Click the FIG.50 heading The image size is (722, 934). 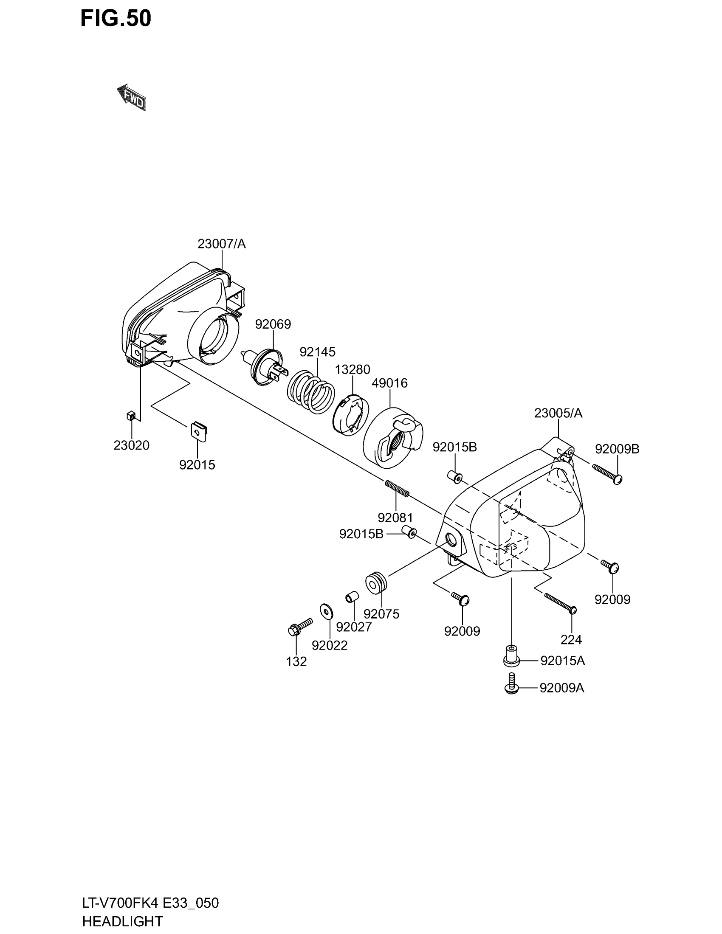point(116,18)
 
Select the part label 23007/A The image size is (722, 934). point(222,244)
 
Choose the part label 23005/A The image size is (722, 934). point(558,413)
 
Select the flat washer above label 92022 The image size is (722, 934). point(327,610)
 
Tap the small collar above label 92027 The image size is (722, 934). point(352,596)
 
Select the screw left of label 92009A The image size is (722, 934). point(511,683)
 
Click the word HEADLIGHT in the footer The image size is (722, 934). point(122,921)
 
